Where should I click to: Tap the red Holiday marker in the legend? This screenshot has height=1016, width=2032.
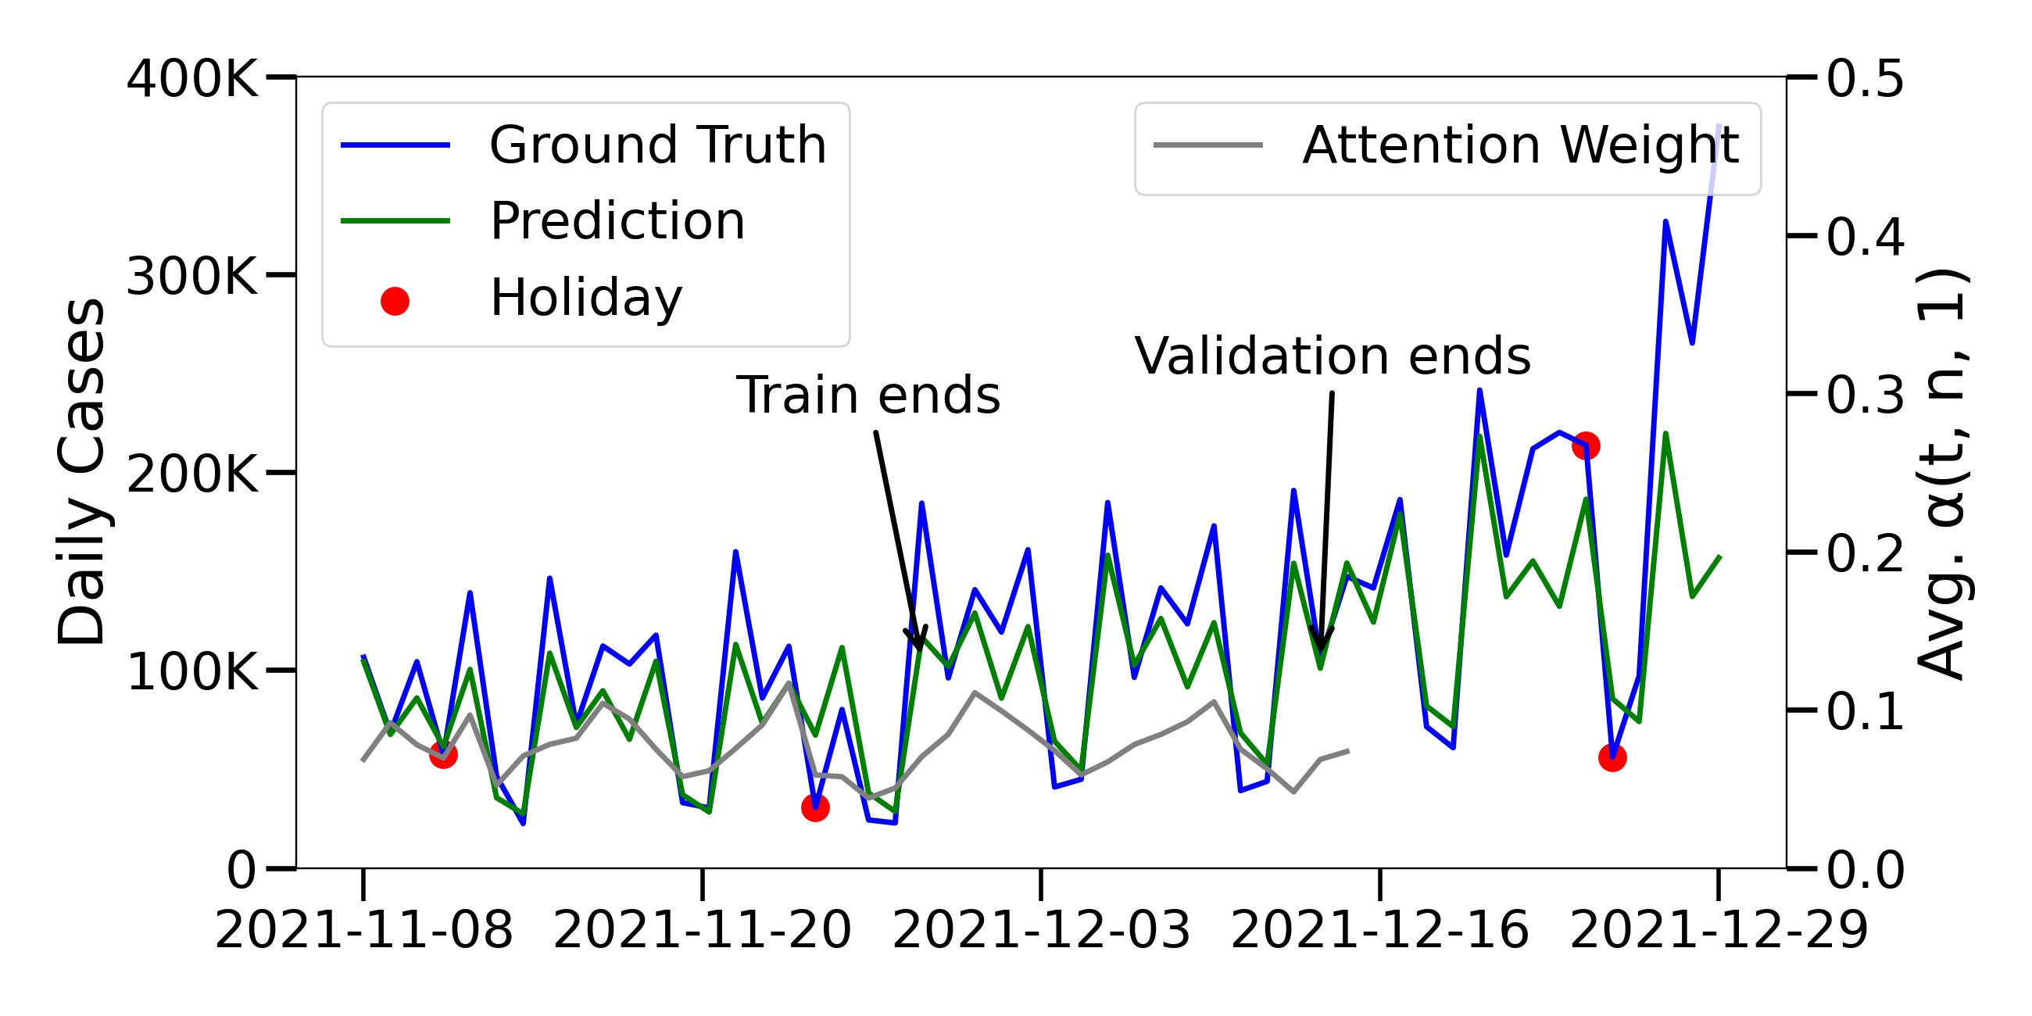395,301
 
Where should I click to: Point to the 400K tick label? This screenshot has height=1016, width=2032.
191,80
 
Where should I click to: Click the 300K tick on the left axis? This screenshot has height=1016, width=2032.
191,277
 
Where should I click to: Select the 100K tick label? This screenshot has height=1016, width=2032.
191,672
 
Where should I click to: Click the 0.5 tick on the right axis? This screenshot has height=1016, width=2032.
1865,80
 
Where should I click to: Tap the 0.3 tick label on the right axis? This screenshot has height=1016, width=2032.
1865,395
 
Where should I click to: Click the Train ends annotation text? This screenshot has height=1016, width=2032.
868,395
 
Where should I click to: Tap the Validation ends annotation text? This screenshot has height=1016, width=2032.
1333,356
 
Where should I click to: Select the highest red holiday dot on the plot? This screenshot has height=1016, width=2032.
1586,446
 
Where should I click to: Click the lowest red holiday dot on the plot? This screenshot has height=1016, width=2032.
815,808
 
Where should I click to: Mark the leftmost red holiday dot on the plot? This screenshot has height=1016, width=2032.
443,755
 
